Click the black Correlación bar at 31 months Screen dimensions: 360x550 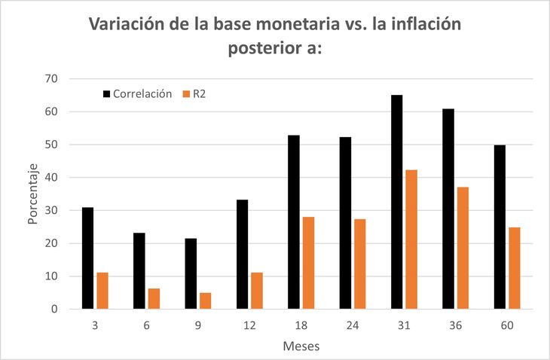pos(396,202)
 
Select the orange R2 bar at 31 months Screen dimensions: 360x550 pos(411,239)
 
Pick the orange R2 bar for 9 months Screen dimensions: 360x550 pos(205,301)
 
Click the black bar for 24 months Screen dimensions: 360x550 pos(345,223)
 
